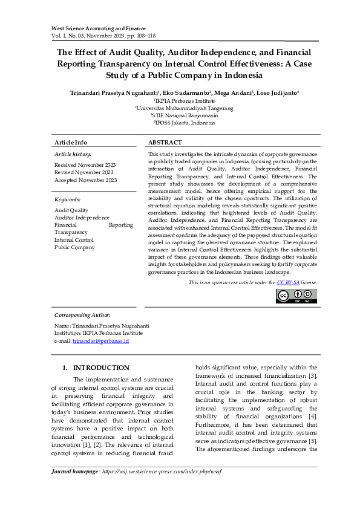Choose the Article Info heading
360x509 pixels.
pyautogui.click(x=71, y=142)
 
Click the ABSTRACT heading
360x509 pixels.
pyautogui.click(x=165, y=142)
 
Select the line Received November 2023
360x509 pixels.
pyautogui.click(x=85, y=164)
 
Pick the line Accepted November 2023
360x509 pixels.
pyautogui.click(x=85, y=180)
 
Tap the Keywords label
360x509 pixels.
pyautogui.click(x=67, y=199)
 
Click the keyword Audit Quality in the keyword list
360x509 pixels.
pyautogui.click(x=71, y=210)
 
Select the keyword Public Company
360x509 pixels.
pyautogui.click(x=74, y=247)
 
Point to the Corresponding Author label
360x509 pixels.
pyautogui.click(x=82, y=315)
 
